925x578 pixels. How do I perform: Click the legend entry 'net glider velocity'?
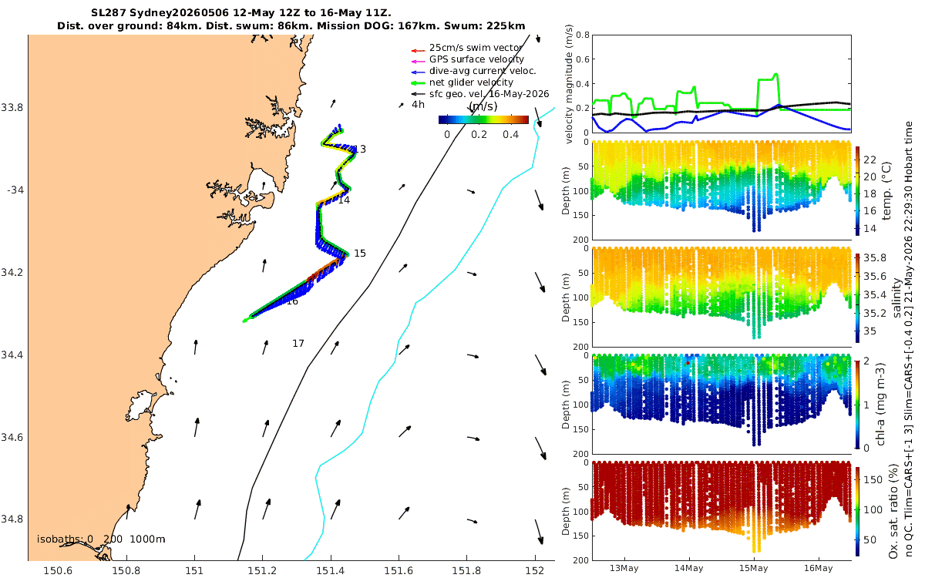tap(471, 82)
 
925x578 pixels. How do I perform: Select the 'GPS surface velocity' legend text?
tap(476, 59)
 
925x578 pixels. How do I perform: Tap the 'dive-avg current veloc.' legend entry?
tap(483, 71)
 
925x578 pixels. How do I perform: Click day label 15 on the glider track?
tap(360, 253)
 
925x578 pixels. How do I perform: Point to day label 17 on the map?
tap(298, 344)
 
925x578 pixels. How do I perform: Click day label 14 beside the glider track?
tap(344, 200)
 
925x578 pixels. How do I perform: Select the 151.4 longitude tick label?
tap(331, 570)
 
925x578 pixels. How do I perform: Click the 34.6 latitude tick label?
tap(12, 437)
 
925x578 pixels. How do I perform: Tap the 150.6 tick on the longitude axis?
tap(58, 570)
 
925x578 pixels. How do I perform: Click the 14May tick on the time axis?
tap(689, 568)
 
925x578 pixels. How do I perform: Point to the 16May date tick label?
tap(819, 568)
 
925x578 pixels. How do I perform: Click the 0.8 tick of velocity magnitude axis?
tap(583, 35)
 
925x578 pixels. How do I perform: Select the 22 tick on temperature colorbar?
tap(870, 160)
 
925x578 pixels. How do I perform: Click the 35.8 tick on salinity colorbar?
tap(875, 258)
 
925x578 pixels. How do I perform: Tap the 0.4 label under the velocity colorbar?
tap(511, 135)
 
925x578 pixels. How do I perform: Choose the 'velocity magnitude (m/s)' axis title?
tap(569, 84)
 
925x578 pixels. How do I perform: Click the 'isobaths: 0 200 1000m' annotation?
tap(101, 539)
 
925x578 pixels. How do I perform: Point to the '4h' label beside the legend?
tap(418, 105)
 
